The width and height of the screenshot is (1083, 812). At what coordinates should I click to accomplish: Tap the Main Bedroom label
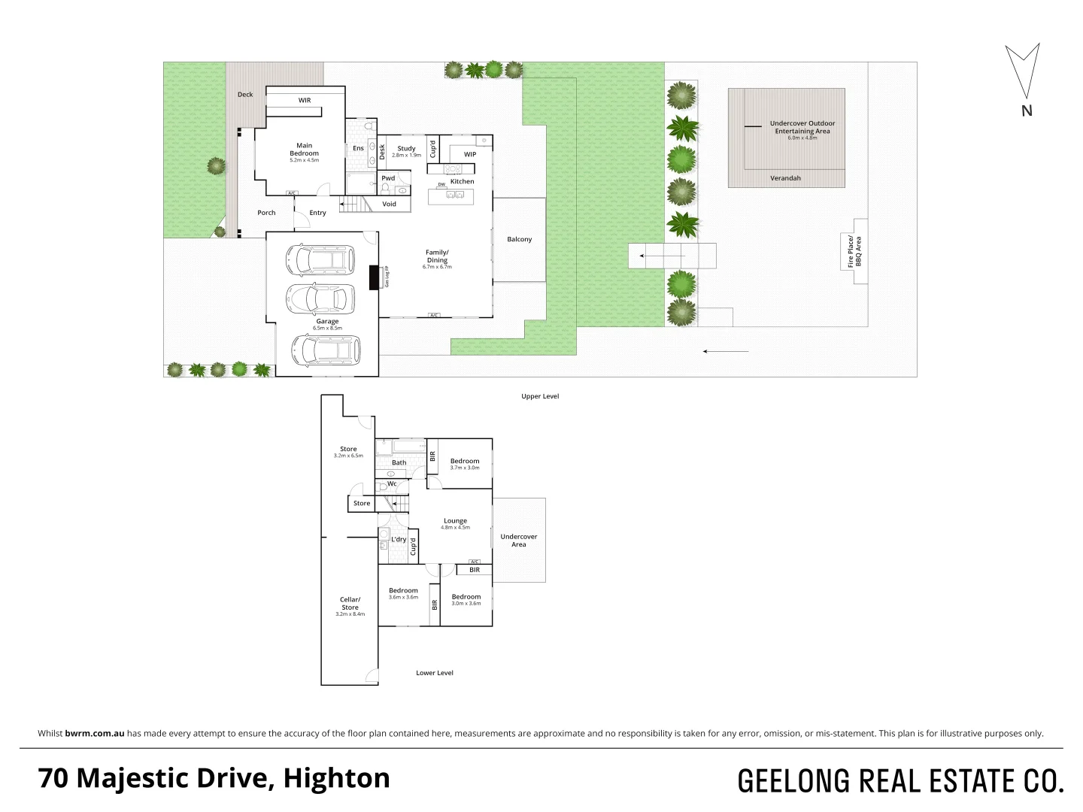(304, 150)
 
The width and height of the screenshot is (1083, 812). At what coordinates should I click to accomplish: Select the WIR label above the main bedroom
(304, 100)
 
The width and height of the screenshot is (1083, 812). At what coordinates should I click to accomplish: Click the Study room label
(406, 149)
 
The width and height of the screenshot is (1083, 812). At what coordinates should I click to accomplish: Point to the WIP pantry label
(469, 155)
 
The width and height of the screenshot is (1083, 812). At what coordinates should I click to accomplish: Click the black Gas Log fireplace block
(375, 277)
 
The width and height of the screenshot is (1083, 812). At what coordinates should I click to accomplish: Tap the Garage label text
(327, 322)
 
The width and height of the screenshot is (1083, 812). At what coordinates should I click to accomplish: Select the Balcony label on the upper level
(519, 239)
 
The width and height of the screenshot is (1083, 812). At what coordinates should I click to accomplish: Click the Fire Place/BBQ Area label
(854, 252)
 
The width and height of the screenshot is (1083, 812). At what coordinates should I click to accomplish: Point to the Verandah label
(785, 178)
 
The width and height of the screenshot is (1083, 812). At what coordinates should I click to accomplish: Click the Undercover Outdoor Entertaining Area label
(802, 127)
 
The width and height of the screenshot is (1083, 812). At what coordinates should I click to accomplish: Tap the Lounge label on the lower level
(455, 521)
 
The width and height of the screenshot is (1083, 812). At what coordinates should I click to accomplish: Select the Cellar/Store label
(350, 604)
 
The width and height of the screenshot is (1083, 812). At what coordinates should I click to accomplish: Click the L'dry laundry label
(399, 539)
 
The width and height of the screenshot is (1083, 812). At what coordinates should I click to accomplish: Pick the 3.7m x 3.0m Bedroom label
(465, 462)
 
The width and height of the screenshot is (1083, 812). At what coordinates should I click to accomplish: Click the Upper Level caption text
(540, 396)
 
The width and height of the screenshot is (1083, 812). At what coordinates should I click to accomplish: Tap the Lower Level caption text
(435, 673)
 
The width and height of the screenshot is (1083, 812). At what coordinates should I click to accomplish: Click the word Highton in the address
(336, 778)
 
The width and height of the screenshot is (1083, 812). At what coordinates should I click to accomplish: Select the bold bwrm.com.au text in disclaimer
(95, 734)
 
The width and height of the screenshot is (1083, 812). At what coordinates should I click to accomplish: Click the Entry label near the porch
(317, 213)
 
